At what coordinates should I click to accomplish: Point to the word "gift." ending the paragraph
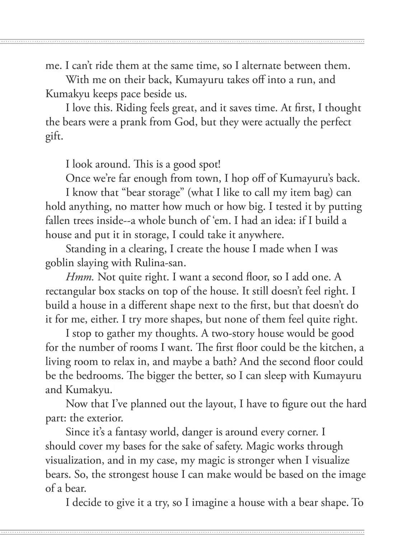[54, 137]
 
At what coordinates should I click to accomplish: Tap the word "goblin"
[58, 263]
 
